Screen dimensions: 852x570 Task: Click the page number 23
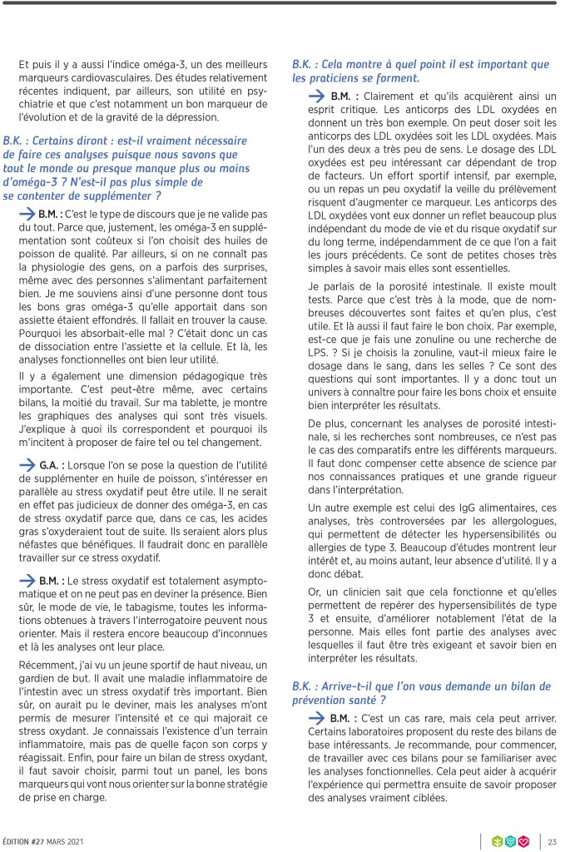[x=552, y=841]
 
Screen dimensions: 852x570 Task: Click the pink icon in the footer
[x=524, y=841]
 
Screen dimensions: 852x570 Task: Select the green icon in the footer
[x=498, y=841]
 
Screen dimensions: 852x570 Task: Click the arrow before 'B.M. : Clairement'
[x=316, y=97]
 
